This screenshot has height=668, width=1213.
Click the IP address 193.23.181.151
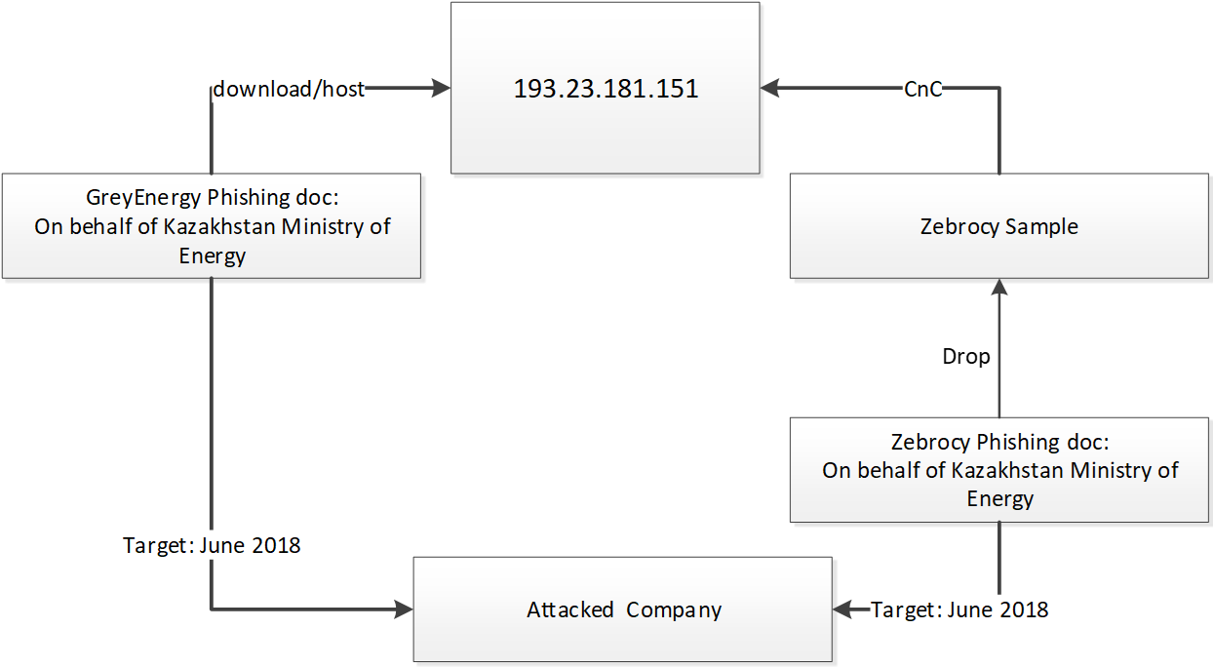[x=606, y=89]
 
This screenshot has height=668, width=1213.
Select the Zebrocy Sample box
[x=998, y=227]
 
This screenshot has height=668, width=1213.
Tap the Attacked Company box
[x=623, y=610]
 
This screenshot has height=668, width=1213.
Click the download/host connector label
[x=289, y=89]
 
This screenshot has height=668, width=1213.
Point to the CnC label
[x=922, y=90]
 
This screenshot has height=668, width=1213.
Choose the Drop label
[x=965, y=357]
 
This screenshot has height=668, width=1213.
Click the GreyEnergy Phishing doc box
[x=212, y=226]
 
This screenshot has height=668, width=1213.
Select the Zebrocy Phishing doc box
[x=999, y=470]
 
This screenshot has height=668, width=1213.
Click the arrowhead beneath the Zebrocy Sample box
[x=999, y=287]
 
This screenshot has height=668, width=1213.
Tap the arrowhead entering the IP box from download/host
[x=440, y=89]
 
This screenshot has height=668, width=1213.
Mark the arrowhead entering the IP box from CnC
[x=771, y=89]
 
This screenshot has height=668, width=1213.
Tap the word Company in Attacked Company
[x=674, y=610]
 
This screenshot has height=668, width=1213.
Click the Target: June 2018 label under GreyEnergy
[x=212, y=545]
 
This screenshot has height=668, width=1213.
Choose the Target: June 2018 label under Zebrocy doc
[x=959, y=610]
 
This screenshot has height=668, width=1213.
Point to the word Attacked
[x=570, y=610]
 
